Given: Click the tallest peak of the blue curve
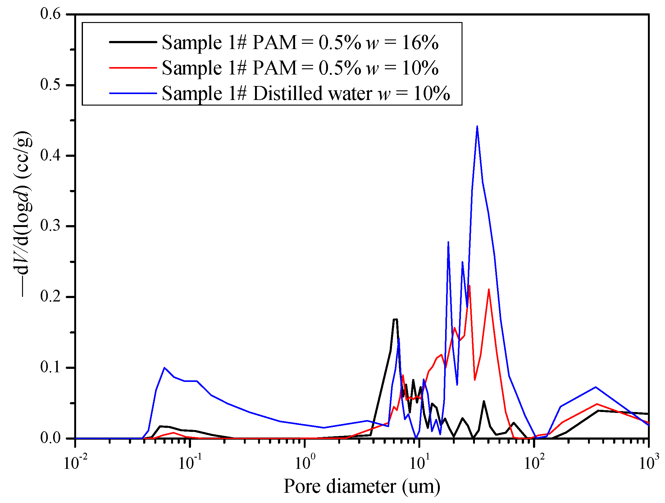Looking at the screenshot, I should click(x=477, y=126).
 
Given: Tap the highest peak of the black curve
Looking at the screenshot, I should click(x=395, y=319).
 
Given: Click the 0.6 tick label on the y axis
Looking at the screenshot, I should click(x=50, y=14).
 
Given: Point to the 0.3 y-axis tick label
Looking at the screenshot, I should click(x=50, y=226).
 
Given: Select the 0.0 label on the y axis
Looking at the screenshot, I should click(x=50, y=438).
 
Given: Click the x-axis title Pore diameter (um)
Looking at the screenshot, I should click(x=362, y=487).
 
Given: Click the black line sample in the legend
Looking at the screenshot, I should click(x=133, y=42).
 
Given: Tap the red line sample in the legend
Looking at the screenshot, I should click(x=133, y=67).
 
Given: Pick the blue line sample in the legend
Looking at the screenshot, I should click(x=133, y=93).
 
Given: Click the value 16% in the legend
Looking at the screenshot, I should click(x=420, y=42).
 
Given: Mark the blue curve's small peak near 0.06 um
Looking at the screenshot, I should click(x=164, y=368).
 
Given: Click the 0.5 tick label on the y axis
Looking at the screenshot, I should click(x=50, y=84).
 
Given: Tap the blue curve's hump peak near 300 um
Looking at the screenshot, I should click(x=595, y=387).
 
